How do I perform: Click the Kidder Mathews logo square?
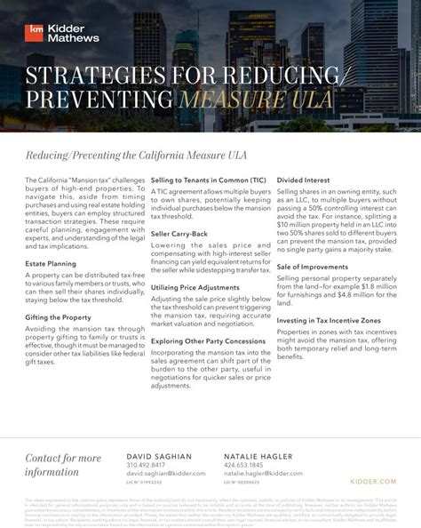[x=34, y=31]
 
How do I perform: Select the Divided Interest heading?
[x=305, y=180]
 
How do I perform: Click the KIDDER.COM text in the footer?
[x=375, y=481]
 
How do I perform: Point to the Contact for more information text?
[x=63, y=465]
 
